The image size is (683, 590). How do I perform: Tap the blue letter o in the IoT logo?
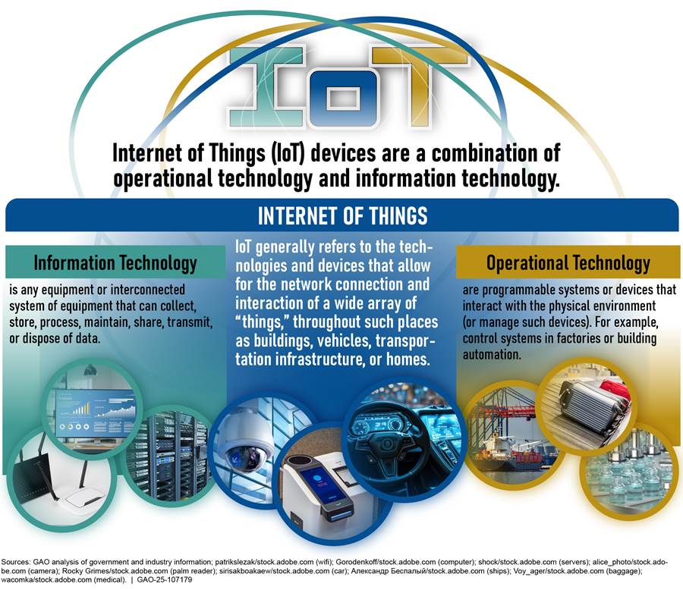pos(343,99)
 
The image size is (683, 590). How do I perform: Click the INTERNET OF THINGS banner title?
pos(342,215)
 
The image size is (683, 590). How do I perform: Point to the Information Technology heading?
pos(115,263)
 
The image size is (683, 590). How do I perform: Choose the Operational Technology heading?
pos(568,263)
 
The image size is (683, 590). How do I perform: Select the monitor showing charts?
pos(96,413)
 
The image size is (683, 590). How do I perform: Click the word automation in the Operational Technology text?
pos(491,354)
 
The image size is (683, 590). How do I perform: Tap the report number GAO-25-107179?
pos(164,580)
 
